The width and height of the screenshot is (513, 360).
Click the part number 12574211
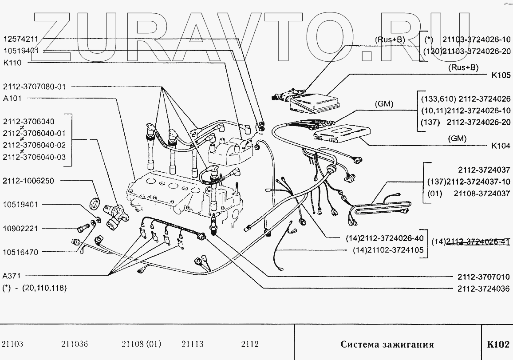click(x=21, y=39)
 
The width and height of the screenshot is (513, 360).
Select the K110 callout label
click(x=12, y=63)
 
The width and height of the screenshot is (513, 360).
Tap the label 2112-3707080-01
click(x=34, y=87)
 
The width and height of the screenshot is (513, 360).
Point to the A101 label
click(x=12, y=98)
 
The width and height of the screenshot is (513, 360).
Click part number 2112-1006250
click(x=29, y=181)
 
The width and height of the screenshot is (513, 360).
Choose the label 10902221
click(x=20, y=229)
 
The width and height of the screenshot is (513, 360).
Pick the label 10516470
click(x=20, y=252)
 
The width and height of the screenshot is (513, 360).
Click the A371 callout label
click(x=12, y=275)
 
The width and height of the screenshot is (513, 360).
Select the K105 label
click(x=501, y=75)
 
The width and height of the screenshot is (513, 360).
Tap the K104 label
click(x=501, y=146)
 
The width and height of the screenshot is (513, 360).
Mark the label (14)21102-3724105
click(x=388, y=251)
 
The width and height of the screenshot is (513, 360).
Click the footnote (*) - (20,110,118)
click(x=34, y=288)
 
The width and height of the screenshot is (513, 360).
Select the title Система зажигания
click(x=387, y=344)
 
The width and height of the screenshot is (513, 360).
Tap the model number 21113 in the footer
click(x=193, y=344)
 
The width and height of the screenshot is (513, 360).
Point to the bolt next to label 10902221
click(x=82, y=229)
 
